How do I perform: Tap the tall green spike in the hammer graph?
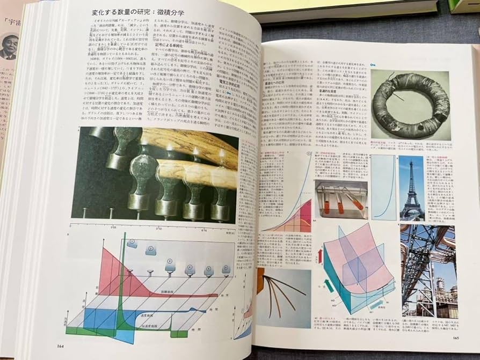point(124,268)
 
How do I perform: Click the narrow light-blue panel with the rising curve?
point(383,187)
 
